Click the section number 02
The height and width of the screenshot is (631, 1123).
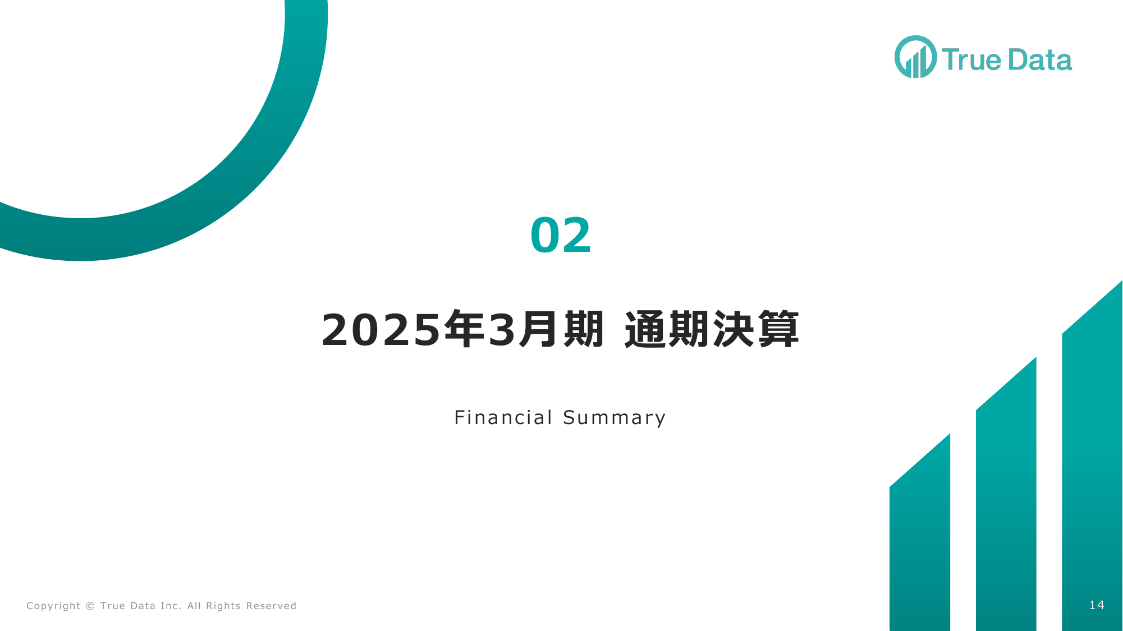(x=561, y=235)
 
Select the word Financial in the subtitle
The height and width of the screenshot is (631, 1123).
(x=503, y=417)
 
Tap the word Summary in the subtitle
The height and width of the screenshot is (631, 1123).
(x=615, y=418)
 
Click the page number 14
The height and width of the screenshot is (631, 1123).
(x=1097, y=605)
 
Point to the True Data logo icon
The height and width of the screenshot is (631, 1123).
(x=915, y=57)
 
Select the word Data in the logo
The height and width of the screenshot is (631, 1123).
(x=1040, y=59)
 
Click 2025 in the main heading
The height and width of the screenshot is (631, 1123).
(x=381, y=330)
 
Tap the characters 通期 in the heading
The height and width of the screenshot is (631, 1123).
(x=668, y=329)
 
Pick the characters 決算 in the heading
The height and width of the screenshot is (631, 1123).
(x=756, y=329)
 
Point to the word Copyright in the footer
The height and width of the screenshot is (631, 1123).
(x=53, y=606)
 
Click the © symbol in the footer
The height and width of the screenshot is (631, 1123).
(x=90, y=606)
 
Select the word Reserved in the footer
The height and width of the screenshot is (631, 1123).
(x=271, y=606)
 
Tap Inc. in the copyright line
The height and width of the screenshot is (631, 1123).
(x=171, y=606)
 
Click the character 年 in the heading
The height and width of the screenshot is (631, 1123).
(x=464, y=329)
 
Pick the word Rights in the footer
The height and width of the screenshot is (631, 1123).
(x=223, y=606)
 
